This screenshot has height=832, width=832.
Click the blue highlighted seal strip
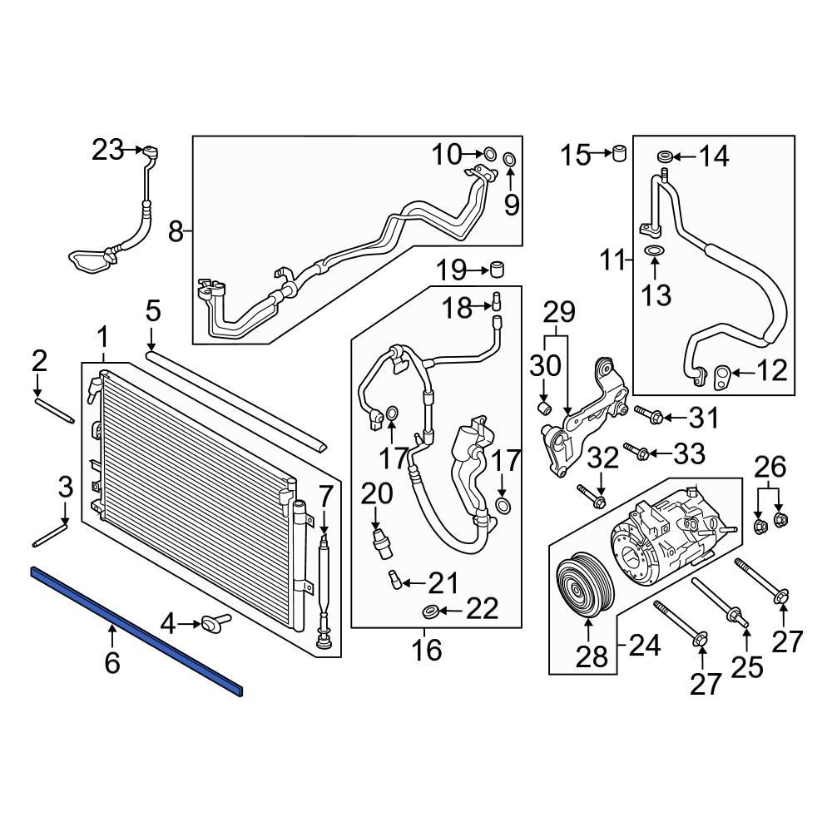pyautogui.click(x=137, y=630)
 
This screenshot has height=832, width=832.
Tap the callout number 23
pyautogui.click(x=106, y=151)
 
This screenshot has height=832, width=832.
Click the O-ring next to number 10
pyautogui.click(x=489, y=153)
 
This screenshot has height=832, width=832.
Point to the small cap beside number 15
pyautogui.click(x=619, y=154)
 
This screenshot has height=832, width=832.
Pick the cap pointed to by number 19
pyautogui.click(x=498, y=270)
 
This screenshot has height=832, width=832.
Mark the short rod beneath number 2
pyautogui.click(x=56, y=411)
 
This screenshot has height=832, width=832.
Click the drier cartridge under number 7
pyautogui.click(x=324, y=582)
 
